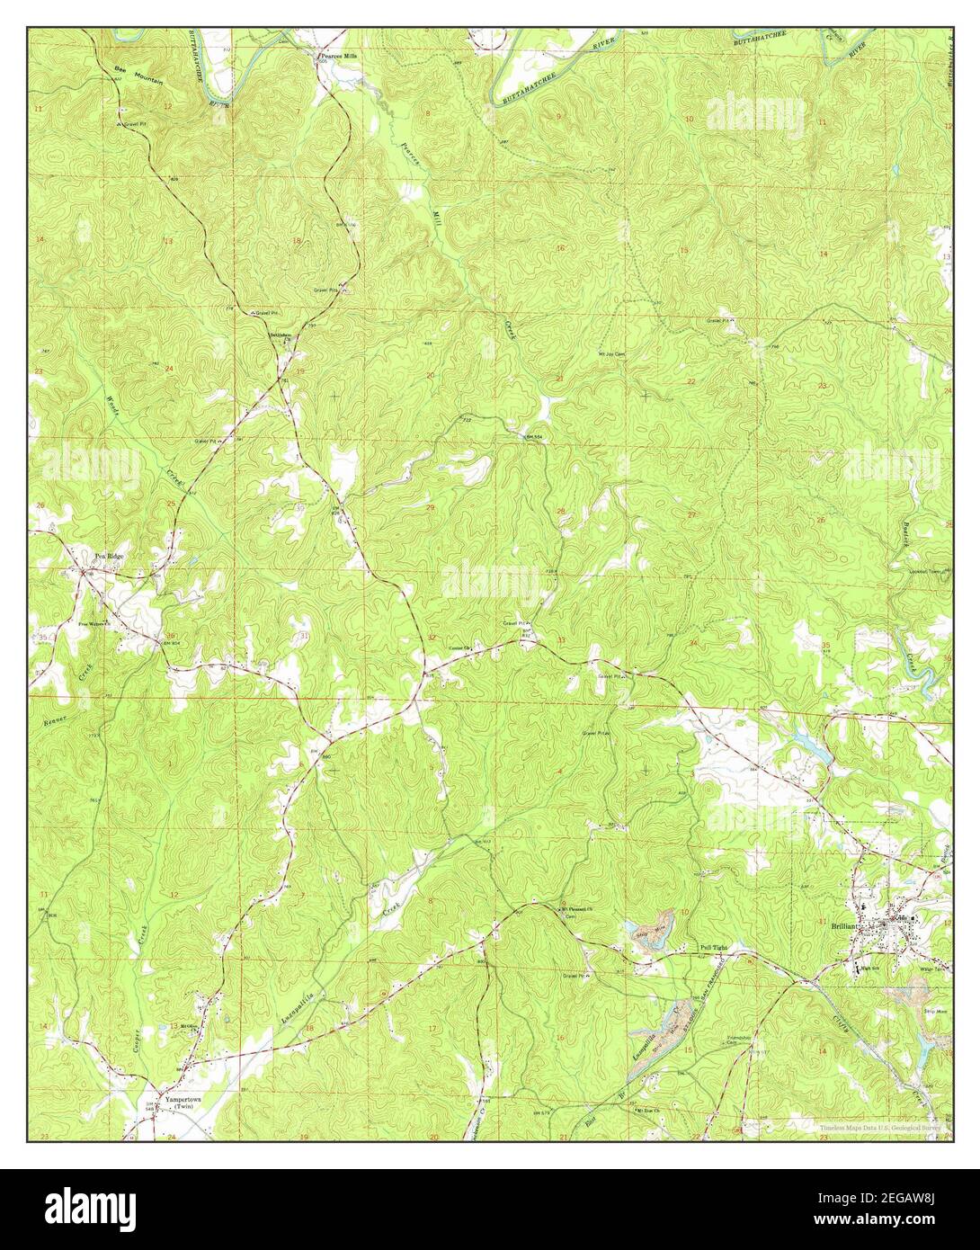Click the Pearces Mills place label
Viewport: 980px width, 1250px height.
coord(339,56)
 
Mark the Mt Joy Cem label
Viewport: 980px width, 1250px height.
coord(612,354)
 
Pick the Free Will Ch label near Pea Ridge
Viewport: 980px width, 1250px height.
coord(94,623)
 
